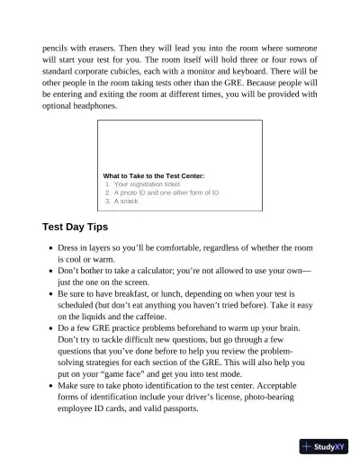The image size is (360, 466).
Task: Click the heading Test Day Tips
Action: coord(76,227)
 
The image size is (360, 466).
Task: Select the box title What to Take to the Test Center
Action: coord(154,175)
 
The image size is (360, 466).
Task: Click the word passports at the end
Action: coord(194,408)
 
